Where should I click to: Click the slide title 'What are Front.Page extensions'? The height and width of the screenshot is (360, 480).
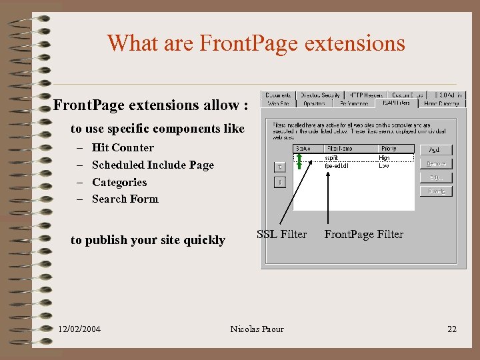pos(256,43)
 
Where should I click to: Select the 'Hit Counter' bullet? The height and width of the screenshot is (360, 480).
pos(123,148)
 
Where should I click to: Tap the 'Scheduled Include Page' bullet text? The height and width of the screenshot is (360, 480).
pos(153,165)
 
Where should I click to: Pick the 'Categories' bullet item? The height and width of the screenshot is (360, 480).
pos(119,183)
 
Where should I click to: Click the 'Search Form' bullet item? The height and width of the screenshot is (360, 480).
pos(125,199)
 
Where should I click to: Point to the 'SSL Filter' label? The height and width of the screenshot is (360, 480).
pos(281,234)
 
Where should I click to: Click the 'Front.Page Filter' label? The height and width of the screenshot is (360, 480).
pos(363,234)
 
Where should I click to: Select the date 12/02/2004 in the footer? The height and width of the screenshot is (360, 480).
pos(79,329)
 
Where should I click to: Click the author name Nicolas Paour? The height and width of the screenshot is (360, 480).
pos(257,329)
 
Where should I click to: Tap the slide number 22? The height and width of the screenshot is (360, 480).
pos(452,329)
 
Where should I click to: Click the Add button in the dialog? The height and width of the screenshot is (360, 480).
pos(435,150)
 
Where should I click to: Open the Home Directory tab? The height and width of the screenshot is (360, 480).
pos(442,103)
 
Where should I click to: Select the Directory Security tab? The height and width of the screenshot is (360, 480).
pos(321,95)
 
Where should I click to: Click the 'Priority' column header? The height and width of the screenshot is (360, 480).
pos(389,149)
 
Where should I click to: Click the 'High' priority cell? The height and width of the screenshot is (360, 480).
pos(385,158)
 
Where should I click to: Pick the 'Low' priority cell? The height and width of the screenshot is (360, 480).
pos(384,165)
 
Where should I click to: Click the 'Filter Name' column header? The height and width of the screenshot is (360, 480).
pos(339,149)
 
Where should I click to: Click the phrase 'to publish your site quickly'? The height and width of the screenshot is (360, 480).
pos(148,241)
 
